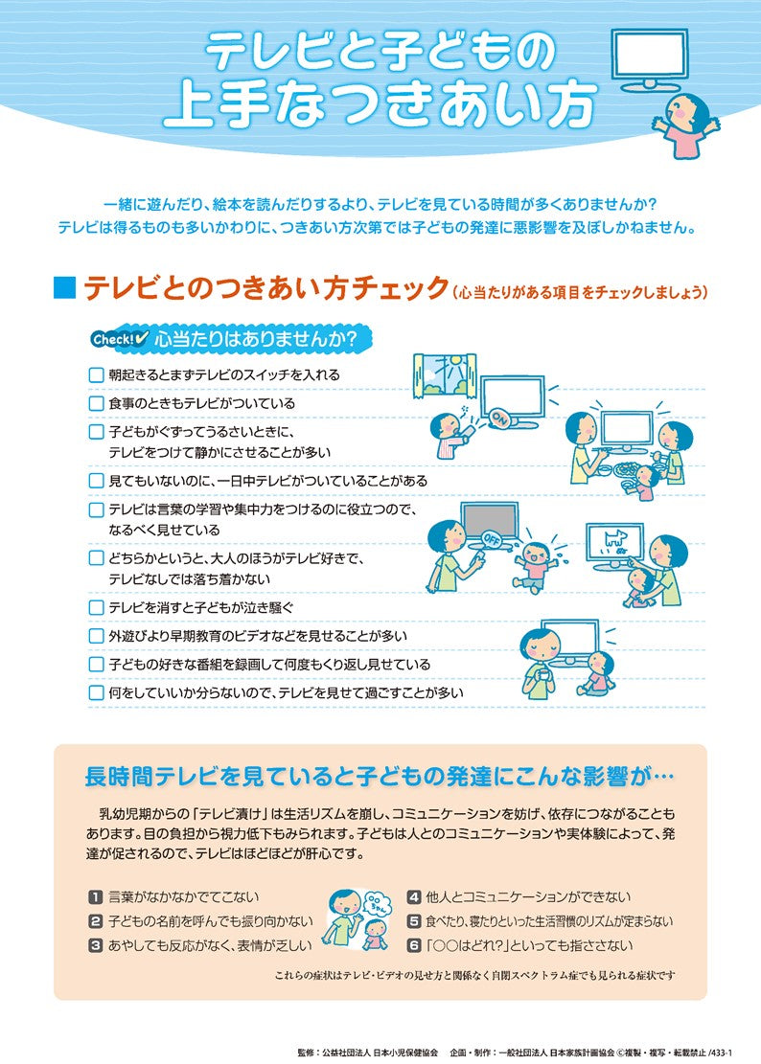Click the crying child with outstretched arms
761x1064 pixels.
(x=532, y=564)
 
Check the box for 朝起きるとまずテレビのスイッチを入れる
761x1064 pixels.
(x=96, y=375)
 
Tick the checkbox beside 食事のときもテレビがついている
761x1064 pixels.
(x=96, y=404)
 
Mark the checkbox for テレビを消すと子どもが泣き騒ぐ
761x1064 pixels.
(x=96, y=607)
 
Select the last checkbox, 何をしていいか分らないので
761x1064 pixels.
(x=96, y=691)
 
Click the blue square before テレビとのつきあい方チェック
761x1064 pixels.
(x=64, y=288)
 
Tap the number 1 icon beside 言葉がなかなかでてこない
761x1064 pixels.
(x=95, y=897)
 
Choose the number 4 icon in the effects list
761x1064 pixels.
(x=414, y=897)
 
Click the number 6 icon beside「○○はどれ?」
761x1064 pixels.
(x=414, y=945)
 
